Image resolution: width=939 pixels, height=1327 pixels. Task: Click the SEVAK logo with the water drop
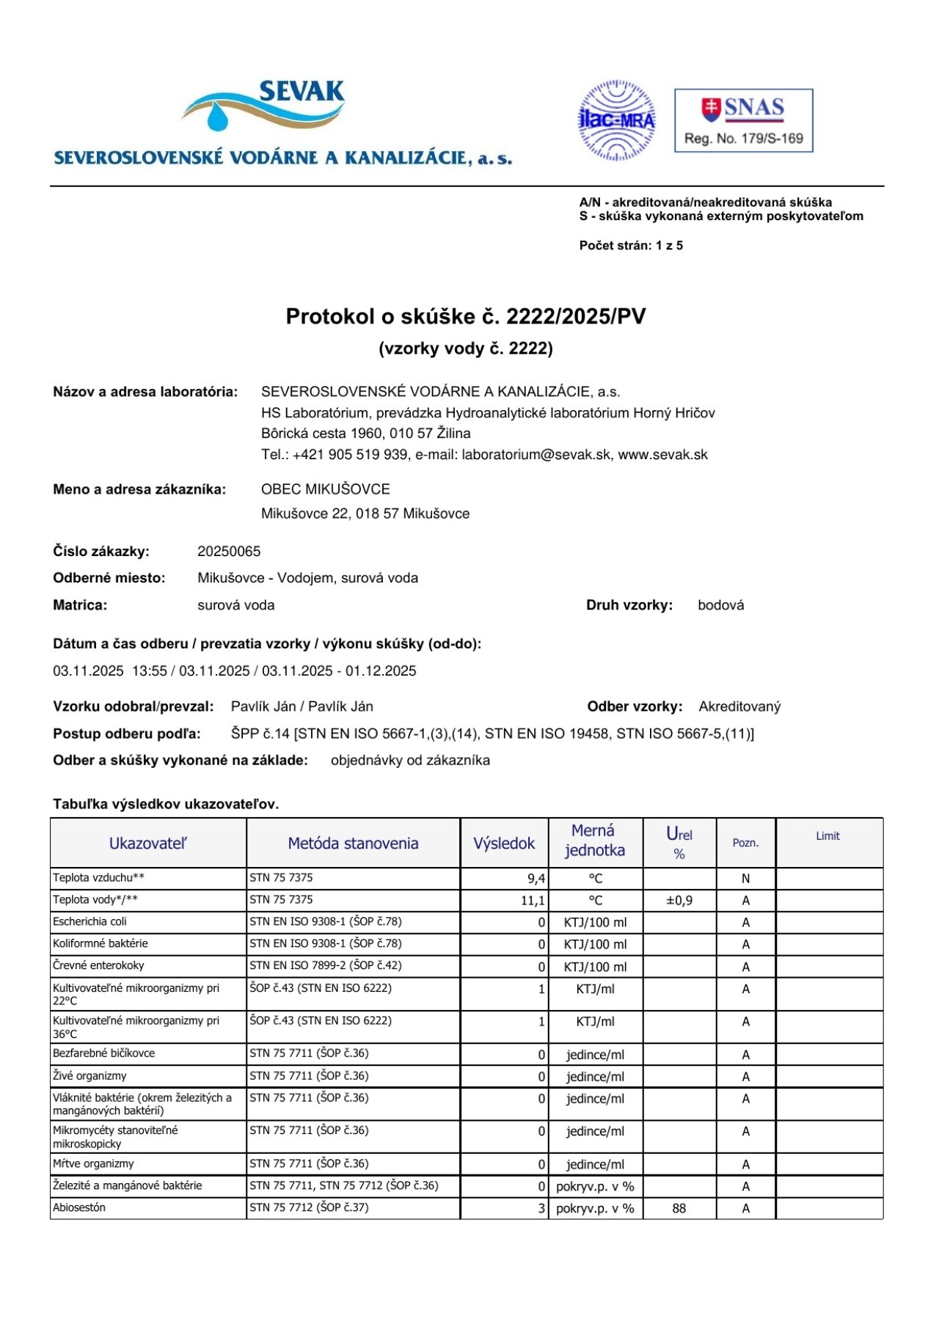pos(264,106)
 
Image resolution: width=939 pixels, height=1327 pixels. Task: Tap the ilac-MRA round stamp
pos(616,120)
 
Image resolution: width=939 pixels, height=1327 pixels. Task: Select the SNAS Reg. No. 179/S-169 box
pos(743,121)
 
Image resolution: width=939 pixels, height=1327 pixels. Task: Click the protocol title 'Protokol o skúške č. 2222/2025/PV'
pos(466,316)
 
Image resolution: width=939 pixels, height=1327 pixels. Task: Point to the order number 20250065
pos(229,552)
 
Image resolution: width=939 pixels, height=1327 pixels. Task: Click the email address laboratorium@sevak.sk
pos(536,455)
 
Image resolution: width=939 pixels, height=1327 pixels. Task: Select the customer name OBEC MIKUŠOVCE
pos(326,489)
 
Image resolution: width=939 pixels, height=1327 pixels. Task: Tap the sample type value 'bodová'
pos(720,605)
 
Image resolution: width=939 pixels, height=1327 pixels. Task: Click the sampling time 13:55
pos(150,671)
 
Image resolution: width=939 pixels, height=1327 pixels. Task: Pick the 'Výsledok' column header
pos(504,844)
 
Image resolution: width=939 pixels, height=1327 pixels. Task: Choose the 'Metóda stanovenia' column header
pos(353,844)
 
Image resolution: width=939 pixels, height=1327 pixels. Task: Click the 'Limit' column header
pos(827,836)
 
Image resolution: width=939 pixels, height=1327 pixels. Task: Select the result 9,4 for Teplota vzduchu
pos(536,879)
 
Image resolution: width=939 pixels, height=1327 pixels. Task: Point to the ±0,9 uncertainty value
pos(679,901)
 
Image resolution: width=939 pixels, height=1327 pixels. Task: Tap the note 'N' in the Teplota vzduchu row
pos(745,879)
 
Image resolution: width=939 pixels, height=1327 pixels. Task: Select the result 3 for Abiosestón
pos(541,1208)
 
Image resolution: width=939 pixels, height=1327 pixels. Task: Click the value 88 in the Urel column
pos(679,1208)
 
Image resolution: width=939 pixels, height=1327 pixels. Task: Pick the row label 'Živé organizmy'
pos(89,1076)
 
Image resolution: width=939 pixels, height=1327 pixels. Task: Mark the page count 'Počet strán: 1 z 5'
pos(631,246)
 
